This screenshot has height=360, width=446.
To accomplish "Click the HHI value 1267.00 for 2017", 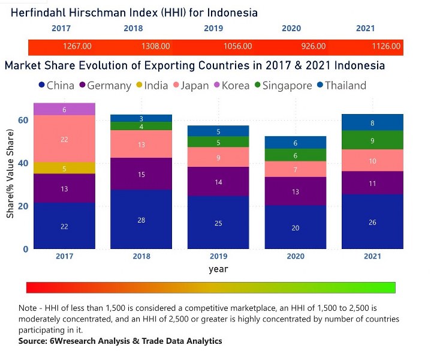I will point(77,46).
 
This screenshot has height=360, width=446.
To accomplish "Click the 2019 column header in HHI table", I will point(213,28).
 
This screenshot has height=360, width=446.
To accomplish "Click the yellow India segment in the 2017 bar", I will point(64,168).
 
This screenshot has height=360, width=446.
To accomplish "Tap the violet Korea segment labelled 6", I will point(64,109).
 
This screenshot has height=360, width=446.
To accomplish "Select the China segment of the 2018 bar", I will point(141,220).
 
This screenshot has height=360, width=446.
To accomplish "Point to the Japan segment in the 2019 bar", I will point(218,157).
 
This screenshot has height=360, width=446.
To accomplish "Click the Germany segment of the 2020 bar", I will point(296,191).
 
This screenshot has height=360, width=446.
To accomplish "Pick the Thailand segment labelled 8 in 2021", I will point(373,122).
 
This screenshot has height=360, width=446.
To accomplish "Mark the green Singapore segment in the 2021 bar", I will point(373,140).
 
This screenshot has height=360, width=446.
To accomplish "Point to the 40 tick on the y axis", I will point(23,163).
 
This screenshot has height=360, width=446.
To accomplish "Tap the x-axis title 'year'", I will point(218,269).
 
